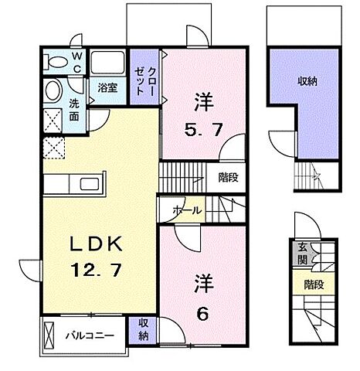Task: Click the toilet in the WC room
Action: pyautogui.click(x=55, y=62)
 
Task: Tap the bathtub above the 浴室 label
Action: pyautogui.click(x=107, y=63)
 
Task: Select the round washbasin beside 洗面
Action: pyautogui.click(x=53, y=90)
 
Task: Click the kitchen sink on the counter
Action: pyautogui.click(x=90, y=185)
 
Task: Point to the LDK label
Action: pyautogui.click(x=96, y=244)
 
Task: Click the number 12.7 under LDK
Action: pyautogui.click(x=96, y=270)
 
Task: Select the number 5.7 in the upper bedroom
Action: pyautogui.click(x=203, y=130)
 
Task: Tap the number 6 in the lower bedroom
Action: pyautogui.click(x=202, y=314)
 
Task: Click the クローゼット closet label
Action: pyautogui.click(x=144, y=81)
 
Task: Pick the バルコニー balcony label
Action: pyautogui.click(x=90, y=335)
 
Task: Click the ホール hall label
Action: pyautogui.click(x=187, y=211)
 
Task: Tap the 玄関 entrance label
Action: pyautogui.click(x=303, y=254)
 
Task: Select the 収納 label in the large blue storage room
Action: pyautogui.click(x=307, y=81)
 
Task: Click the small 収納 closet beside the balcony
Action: pyautogui.click(x=143, y=330)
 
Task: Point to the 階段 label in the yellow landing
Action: pyautogui.click(x=314, y=285)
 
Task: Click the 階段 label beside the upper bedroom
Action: pyautogui.click(x=228, y=178)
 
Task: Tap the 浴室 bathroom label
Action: pyautogui.click(x=107, y=88)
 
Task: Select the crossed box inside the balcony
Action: pyautogui.click(x=49, y=335)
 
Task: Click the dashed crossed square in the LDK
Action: pyautogui.click(x=53, y=148)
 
